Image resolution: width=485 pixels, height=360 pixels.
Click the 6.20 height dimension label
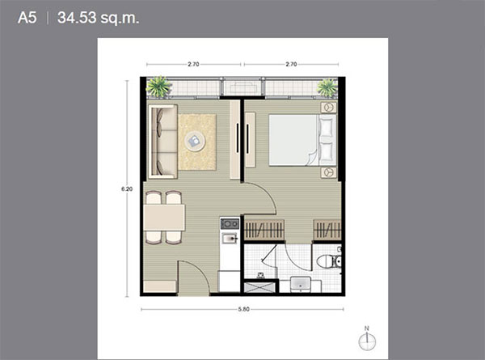tap(127, 188)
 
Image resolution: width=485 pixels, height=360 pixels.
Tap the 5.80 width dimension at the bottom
tap(244, 309)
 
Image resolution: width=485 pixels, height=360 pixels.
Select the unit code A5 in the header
tap(27, 18)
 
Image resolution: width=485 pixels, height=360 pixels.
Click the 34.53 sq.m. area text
tap(99, 18)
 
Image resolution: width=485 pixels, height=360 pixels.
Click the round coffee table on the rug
tap(195, 142)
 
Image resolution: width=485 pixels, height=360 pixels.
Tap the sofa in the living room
tap(163, 142)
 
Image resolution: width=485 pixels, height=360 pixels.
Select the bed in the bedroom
tap(302, 140)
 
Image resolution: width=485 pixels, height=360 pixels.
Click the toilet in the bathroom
tap(329, 261)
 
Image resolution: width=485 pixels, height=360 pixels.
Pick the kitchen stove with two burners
tap(230, 223)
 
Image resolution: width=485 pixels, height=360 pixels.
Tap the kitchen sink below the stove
tap(230, 238)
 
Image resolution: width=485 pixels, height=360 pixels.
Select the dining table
tap(164, 218)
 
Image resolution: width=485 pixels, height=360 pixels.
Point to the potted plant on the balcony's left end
tap(158, 87)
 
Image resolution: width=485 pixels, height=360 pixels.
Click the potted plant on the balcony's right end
tap(327, 87)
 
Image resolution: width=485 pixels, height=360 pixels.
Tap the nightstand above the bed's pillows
tap(328, 108)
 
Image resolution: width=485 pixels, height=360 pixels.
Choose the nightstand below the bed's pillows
tap(328, 172)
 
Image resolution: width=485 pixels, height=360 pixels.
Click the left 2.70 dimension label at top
tap(194, 65)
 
